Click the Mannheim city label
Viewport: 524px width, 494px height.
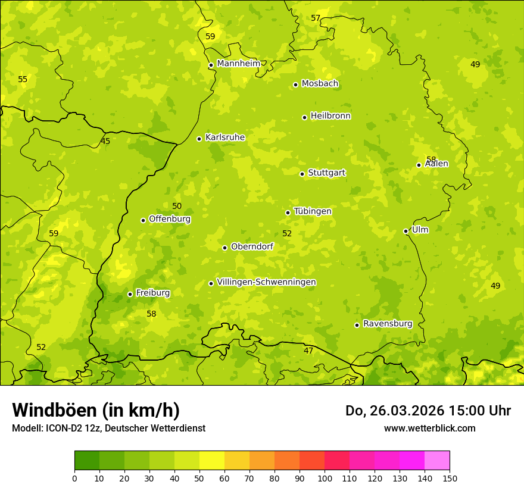(x=239, y=64)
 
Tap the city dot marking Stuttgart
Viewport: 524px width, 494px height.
(x=302, y=174)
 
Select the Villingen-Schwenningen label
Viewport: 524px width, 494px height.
(x=266, y=282)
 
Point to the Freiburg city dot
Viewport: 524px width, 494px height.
(x=130, y=294)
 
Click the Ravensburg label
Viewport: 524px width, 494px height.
(x=388, y=324)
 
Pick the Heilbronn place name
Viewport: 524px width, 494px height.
(x=330, y=116)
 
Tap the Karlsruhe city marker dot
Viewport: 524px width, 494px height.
(x=199, y=139)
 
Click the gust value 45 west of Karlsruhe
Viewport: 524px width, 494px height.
(x=105, y=141)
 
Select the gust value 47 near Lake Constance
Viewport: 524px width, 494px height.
(x=308, y=351)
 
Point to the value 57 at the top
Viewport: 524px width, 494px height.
(x=316, y=18)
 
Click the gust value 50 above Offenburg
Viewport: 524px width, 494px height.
(x=177, y=206)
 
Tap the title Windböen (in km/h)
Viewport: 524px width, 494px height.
(x=96, y=410)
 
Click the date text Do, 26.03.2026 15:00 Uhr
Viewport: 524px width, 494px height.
(x=428, y=411)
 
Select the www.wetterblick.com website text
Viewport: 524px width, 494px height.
(x=429, y=428)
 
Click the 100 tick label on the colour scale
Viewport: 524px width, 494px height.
(x=325, y=478)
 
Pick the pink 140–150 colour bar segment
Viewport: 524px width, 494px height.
(x=437, y=461)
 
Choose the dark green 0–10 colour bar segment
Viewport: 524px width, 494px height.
(x=87, y=461)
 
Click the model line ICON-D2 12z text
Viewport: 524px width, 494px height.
(x=108, y=428)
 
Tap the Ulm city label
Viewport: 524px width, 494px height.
(x=420, y=230)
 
